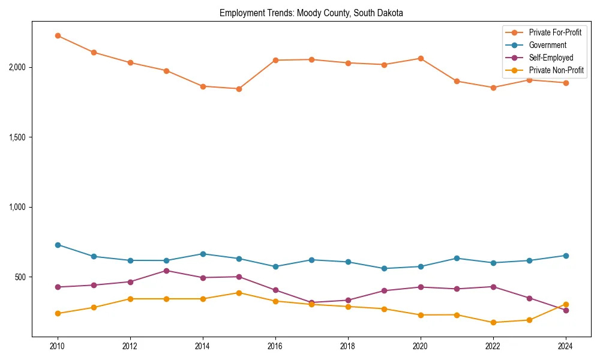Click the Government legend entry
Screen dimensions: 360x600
pyautogui.click(x=547, y=45)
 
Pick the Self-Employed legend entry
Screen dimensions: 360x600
pyautogui.click(x=551, y=58)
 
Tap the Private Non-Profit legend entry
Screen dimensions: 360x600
pyautogui.click(x=556, y=70)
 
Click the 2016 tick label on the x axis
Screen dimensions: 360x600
pyautogui.click(x=275, y=346)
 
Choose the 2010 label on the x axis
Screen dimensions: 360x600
pyautogui.click(x=58, y=346)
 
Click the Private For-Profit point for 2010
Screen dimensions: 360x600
pyautogui.click(x=58, y=36)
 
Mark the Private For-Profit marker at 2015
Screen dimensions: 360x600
pyautogui.click(x=239, y=89)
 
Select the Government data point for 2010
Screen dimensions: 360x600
pyautogui.click(x=58, y=245)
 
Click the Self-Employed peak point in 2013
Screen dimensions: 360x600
pyautogui.click(x=166, y=271)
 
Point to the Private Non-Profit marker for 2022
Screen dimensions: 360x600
pyautogui.click(x=493, y=323)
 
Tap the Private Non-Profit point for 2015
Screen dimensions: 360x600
pyautogui.click(x=239, y=293)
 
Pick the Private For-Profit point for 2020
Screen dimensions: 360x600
pyautogui.click(x=421, y=58)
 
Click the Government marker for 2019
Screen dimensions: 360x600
pyautogui.click(x=384, y=268)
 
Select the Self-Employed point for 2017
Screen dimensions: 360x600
pyautogui.click(x=311, y=302)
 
